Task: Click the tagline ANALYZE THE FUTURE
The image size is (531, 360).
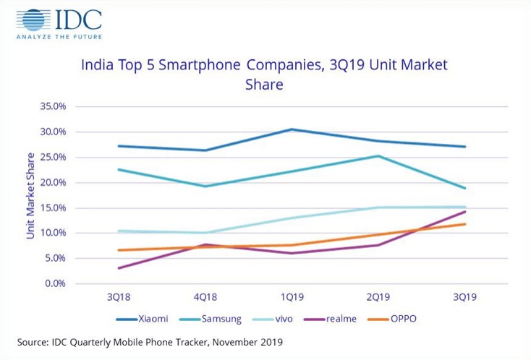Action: [x=58, y=35]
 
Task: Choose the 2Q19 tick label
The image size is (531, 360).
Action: [x=378, y=297]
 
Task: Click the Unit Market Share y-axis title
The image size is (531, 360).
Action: [x=30, y=195]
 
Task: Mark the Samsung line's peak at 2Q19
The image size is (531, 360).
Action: [x=378, y=156]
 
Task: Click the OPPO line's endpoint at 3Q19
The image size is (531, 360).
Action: [x=464, y=224]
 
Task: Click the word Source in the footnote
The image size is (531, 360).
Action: [x=35, y=340]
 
